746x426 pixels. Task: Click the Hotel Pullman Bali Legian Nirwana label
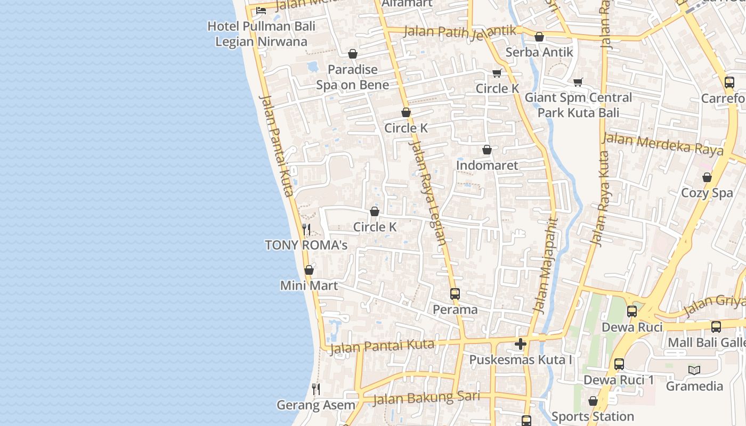pyautogui.click(x=261, y=34)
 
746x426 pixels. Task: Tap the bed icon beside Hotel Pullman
pyautogui.click(x=261, y=10)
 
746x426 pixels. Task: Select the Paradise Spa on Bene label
pyautogui.click(x=352, y=77)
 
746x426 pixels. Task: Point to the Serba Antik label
pyautogui.click(x=539, y=52)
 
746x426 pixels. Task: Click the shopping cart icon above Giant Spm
pyautogui.click(x=578, y=82)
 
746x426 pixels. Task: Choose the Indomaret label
pyautogui.click(x=486, y=166)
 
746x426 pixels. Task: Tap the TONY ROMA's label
pyautogui.click(x=306, y=245)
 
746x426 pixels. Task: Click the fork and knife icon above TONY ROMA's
pyautogui.click(x=306, y=230)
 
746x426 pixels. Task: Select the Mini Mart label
pyautogui.click(x=309, y=285)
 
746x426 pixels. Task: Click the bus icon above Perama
pyautogui.click(x=455, y=293)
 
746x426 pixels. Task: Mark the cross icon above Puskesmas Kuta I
pyautogui.click(x=521, y=344)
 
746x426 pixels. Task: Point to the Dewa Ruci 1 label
pyautogui.click(x=619, y=380)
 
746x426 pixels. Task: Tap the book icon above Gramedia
pyautogui.click(x=694, y=370)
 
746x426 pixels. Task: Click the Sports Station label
pyautogui.click(x=593, y=416)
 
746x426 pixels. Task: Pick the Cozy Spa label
pyautogui.click(x=707, y=193)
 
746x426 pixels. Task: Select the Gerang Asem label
pyautogui.click(x=316, y=405)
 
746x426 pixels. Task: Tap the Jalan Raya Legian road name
pyautogui.click(x=427, y=192)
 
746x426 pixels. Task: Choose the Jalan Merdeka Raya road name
pyautogui.click(x=663, y=144)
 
